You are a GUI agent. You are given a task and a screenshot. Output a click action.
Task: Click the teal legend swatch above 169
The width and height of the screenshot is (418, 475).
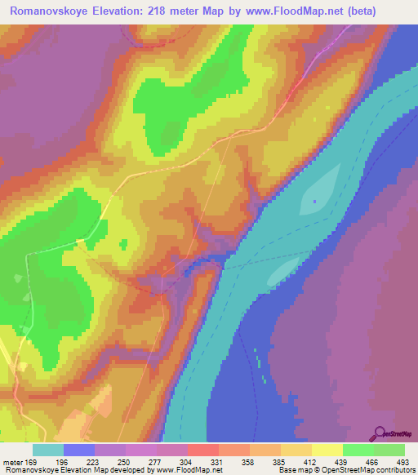48,450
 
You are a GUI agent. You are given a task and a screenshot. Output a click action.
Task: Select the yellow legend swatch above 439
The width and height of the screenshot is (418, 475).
326,450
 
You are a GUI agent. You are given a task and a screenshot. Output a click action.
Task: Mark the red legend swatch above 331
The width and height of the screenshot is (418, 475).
202,450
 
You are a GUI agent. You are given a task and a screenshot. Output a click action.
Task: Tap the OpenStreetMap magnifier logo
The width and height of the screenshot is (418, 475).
380,433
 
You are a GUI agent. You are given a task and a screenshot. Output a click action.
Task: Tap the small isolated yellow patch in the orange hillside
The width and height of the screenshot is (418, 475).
124,244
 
